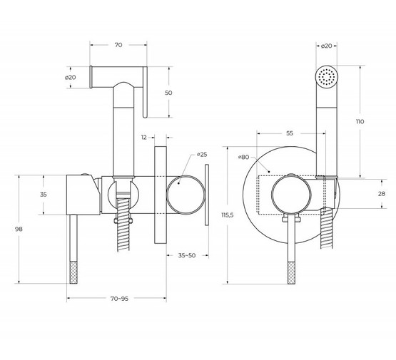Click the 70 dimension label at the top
(118, 45)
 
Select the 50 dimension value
(168, 93)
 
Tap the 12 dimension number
(143, 138)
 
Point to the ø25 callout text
(202, 155)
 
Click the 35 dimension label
(44, 195)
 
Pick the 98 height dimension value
(19, 229)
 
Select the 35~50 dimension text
(187, 255)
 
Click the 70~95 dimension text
(119, 299)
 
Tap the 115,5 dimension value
(228, 215)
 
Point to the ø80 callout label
(244, 157)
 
